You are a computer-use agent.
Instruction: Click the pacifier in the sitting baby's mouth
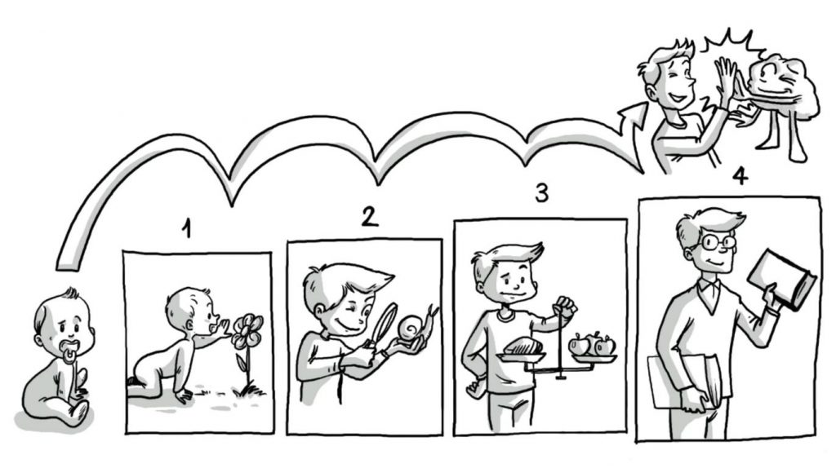69,354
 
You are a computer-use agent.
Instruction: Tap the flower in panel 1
247,341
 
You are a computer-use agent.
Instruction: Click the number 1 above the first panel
186,230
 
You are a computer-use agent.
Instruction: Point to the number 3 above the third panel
542,193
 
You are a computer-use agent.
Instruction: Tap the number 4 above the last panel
740,176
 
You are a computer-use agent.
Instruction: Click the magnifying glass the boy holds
383,329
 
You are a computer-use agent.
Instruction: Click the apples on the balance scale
592,345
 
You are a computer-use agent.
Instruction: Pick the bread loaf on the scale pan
523,347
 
